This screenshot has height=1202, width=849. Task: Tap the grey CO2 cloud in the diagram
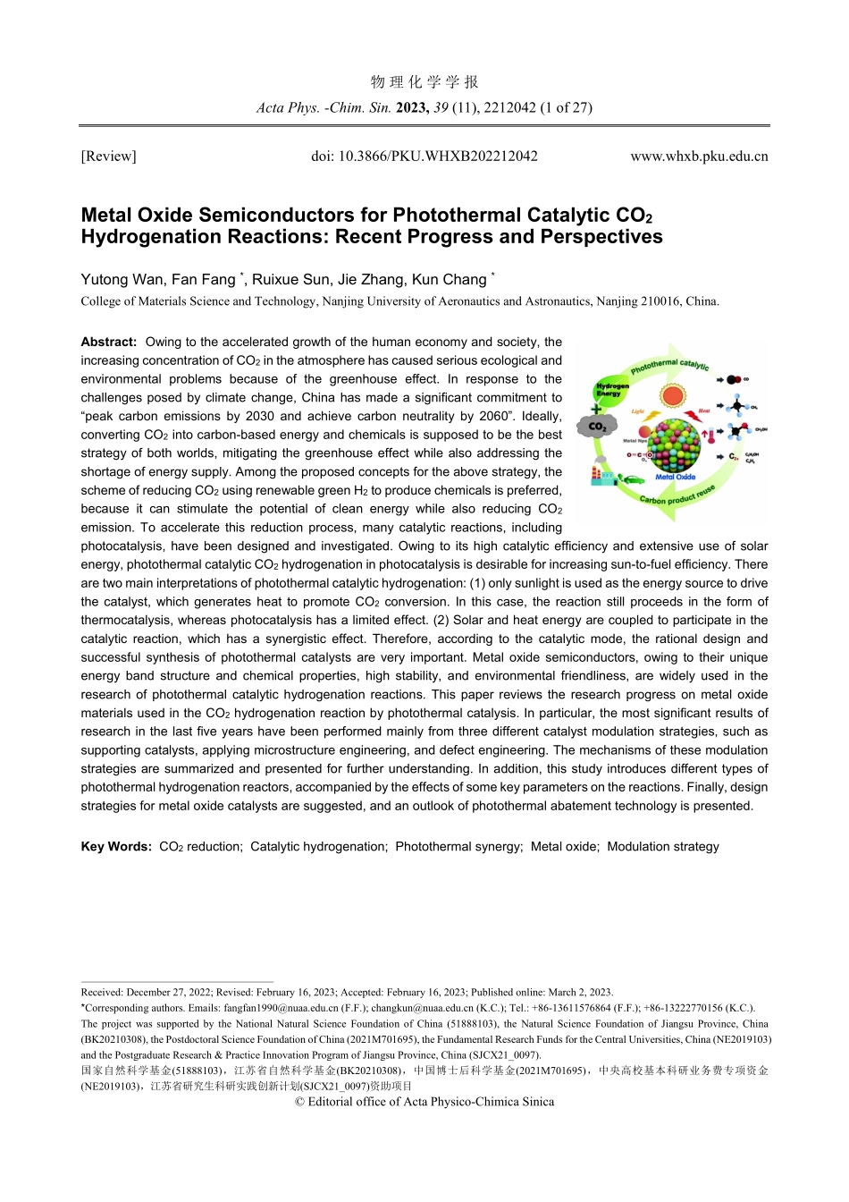(x=599, y=426)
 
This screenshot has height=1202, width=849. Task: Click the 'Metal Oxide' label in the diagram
(x=675, y=477)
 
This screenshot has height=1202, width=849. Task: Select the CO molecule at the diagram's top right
(x=735, y=380)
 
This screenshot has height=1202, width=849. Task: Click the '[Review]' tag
(x=108, y=157)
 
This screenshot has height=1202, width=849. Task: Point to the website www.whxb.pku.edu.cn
(x=699, y=157)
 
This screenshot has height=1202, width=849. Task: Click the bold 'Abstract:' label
(x=109, y=342)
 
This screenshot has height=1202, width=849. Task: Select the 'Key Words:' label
(x=116, y=846)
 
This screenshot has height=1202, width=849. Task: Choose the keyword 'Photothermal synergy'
(x=458, y=846)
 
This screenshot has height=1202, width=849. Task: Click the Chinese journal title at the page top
(x=424, y=82)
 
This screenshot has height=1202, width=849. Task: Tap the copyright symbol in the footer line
(x=299, y=1102)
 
